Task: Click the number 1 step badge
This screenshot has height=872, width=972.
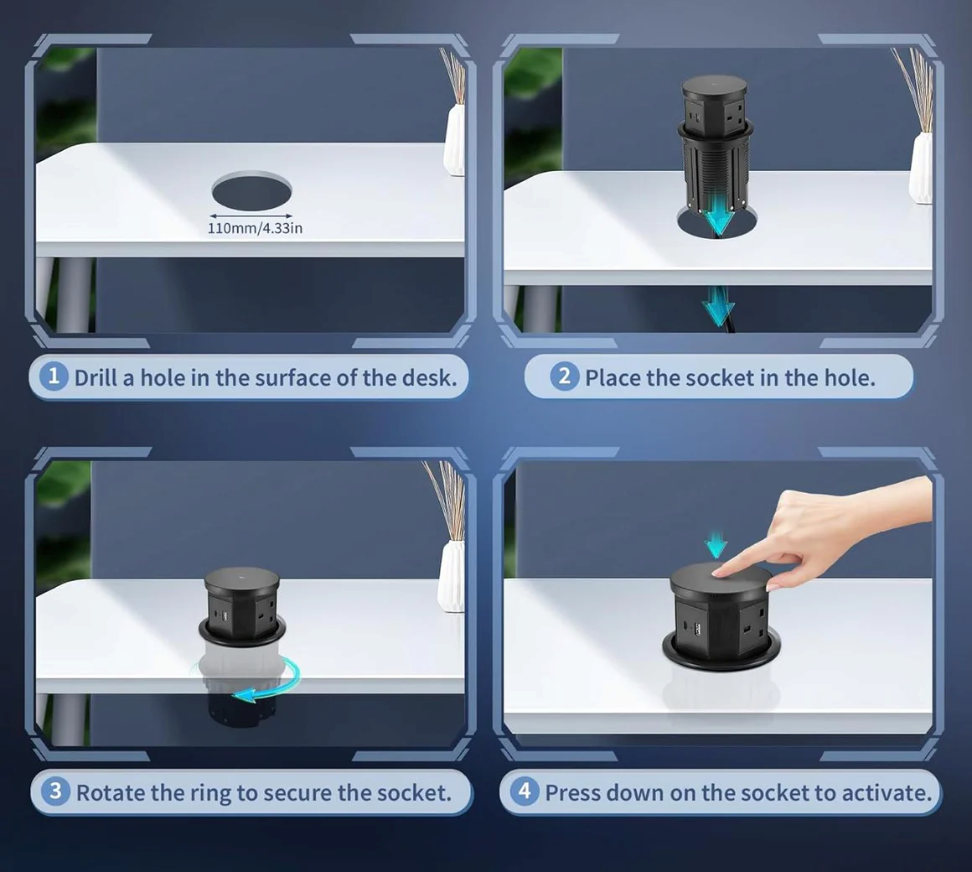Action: point(54,376)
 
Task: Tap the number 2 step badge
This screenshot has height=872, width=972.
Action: point(564,376)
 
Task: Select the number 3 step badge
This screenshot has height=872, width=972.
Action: point(56,792)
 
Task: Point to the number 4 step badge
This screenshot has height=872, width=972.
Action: point(525,792)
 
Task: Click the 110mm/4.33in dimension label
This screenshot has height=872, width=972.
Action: point(255,228)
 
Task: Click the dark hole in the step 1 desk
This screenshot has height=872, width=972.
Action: point(251,191)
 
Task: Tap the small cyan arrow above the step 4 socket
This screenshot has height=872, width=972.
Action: point(716,544)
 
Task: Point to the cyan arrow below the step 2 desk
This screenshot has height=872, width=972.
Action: point(718,305)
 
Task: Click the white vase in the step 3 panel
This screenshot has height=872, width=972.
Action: point(451,576)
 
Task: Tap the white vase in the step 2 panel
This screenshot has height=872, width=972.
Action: point(921,167)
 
